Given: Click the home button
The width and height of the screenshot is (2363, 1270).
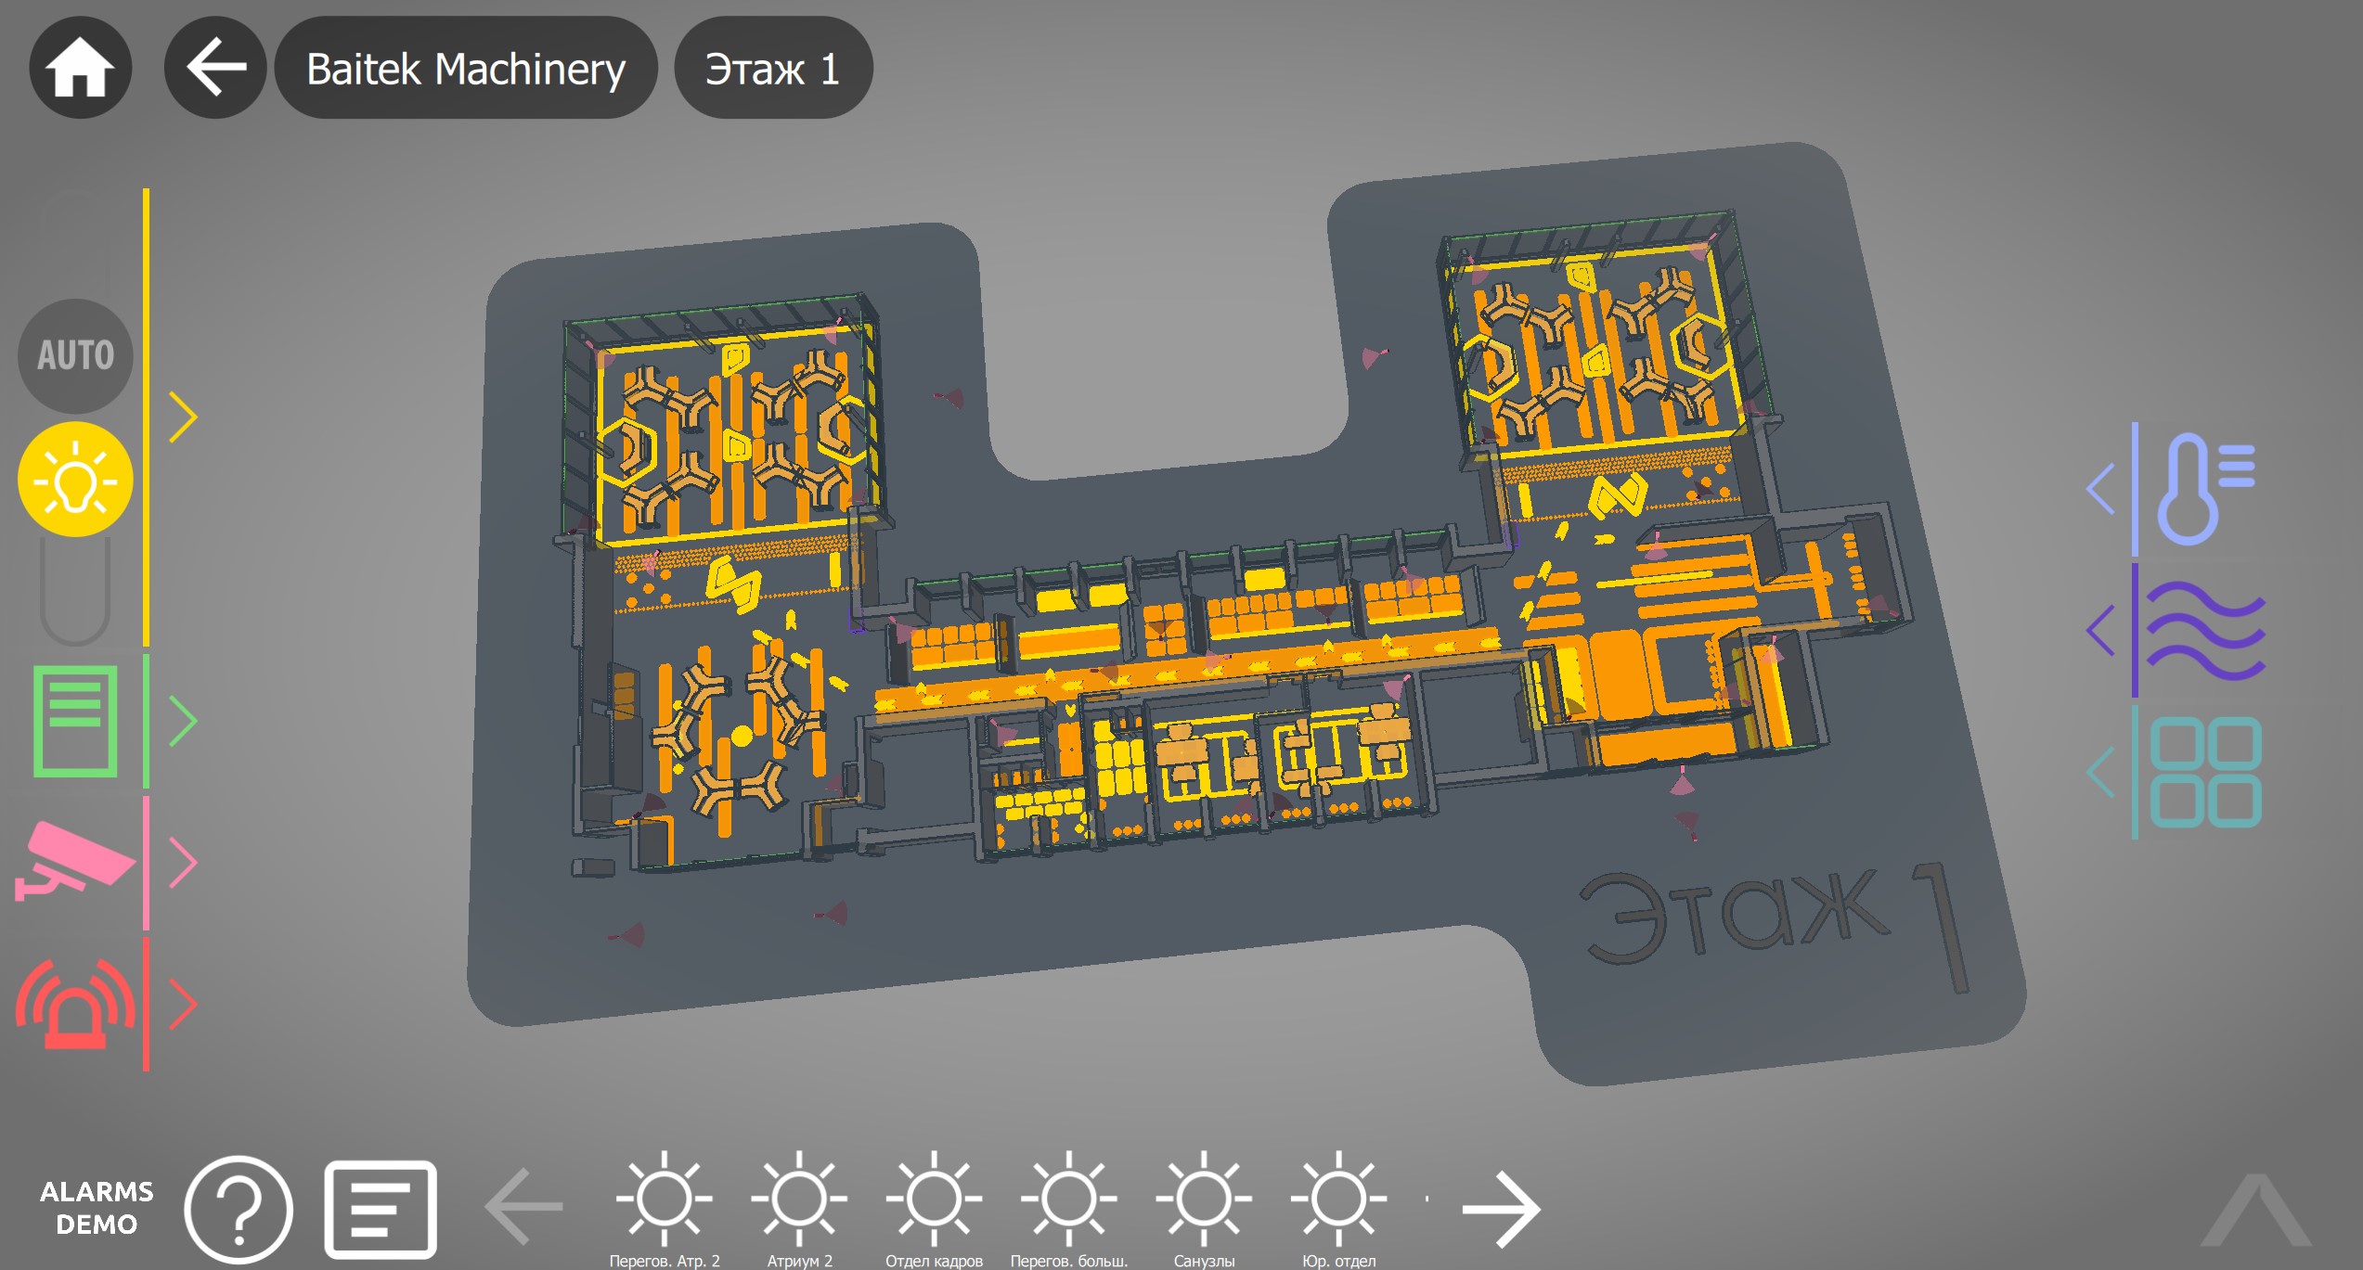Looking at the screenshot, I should coord(81,68).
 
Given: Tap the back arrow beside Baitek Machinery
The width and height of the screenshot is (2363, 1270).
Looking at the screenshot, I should coord(215,68).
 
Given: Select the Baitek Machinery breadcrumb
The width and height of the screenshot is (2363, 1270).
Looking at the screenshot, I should coord(466,68).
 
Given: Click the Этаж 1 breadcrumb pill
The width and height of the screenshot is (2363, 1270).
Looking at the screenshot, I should coord(772,68).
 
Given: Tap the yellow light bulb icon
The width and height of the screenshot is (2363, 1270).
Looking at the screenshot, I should coord(75,480).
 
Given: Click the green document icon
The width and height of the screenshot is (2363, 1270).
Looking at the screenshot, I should coord(75,721).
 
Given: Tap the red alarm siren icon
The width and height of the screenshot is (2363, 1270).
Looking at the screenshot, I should coord(75,1005).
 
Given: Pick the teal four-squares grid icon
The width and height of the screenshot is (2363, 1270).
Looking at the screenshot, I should coord(2204,772).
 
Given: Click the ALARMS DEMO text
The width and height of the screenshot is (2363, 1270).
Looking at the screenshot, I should coord(97,1208).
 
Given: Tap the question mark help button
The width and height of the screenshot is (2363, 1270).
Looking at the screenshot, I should coord(239,1209).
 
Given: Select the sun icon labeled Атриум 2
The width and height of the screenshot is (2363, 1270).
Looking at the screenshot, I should coord(799,1199).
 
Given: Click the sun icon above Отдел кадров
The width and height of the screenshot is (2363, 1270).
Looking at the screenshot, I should coord(934,1199).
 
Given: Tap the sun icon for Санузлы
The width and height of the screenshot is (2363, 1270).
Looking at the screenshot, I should coord(1204,1199).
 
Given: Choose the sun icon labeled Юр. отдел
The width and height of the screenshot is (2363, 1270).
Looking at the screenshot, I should coord(1338,1199).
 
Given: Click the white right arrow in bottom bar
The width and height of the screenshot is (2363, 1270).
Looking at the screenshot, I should coord(1501,1208).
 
